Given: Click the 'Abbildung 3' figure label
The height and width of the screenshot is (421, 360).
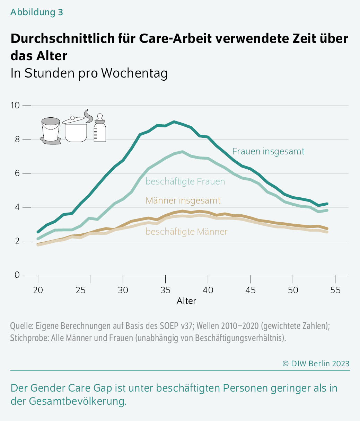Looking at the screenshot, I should point(37,12).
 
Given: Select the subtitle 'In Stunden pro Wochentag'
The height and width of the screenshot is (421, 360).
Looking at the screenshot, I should point(89,73).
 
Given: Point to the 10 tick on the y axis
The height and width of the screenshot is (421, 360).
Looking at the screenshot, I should point(15,105).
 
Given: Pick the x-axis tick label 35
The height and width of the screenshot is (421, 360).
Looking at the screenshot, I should point(165,290).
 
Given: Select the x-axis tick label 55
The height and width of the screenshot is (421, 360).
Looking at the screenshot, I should point(335,290).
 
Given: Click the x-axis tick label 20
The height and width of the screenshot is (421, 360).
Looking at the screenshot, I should point(38,290).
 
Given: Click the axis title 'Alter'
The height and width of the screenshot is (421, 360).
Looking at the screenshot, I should point(186,301).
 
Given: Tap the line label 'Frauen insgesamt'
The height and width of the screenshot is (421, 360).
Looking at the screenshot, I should point(268,151).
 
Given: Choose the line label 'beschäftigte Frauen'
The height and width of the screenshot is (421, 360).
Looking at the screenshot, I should point(185,181).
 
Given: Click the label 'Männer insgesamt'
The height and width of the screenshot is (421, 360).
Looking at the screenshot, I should point(183,200).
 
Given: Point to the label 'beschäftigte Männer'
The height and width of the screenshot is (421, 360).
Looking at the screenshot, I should point(186,232).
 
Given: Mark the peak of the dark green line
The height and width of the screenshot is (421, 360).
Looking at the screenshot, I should point(174,122).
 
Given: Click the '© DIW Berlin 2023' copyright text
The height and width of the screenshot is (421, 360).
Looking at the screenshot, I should point(316,364).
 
